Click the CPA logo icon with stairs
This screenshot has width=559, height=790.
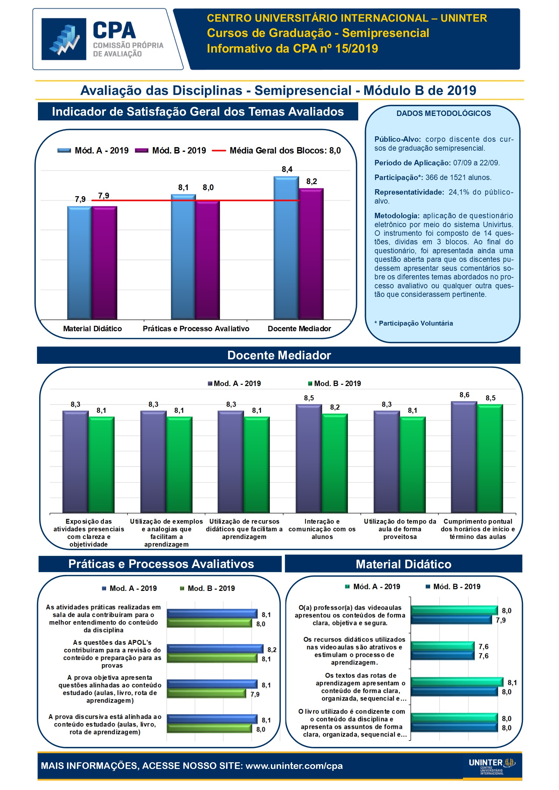[x=64, y=39]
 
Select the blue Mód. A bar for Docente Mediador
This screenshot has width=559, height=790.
[x=286, y=248]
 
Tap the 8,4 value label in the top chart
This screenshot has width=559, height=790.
[x=287, y=169]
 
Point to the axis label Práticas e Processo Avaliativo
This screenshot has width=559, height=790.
[x=196, y=329]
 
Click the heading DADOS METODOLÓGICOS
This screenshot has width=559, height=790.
[x=443, y=113]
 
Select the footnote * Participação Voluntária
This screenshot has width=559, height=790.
[x=413, y=323]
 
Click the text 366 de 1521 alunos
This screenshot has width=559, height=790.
[x=458, y=177]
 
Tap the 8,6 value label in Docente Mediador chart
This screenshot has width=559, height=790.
[x=464, y=395]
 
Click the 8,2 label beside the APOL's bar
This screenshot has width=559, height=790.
[x=272, y=650]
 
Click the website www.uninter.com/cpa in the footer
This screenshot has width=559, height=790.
[x=294, y=766]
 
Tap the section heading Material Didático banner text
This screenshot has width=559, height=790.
[x=403, y=564]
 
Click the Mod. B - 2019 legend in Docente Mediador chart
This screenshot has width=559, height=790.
[x=337, y=384]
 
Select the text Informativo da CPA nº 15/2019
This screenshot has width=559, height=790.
[x=292, y=48]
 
